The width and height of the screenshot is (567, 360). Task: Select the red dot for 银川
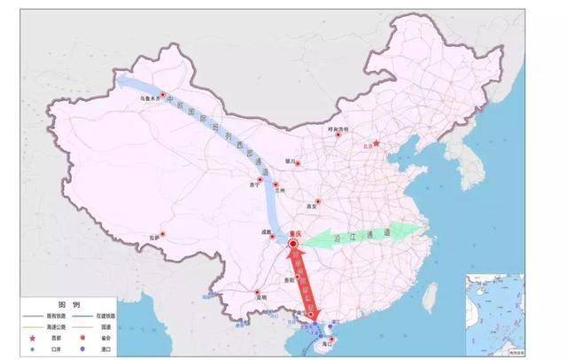(299, 163)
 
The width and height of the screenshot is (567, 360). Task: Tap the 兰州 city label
(282, 189)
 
